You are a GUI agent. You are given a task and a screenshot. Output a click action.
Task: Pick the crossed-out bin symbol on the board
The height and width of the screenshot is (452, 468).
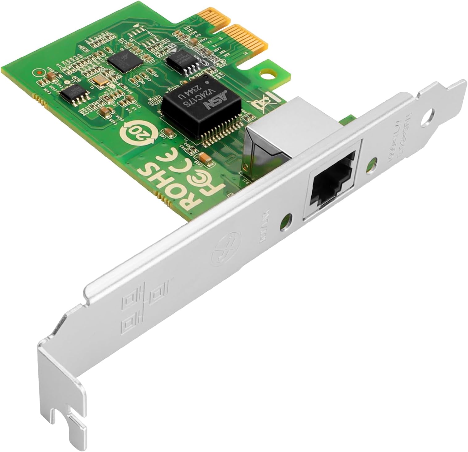point(260,100)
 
